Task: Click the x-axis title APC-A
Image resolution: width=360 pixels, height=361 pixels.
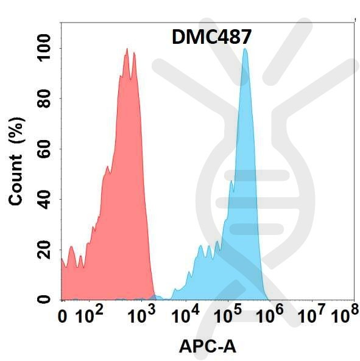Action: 207,346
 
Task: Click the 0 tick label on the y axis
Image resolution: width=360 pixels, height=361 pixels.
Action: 44,300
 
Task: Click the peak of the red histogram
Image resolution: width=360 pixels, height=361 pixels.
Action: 127,49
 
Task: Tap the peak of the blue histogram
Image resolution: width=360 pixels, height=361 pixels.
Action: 245,49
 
